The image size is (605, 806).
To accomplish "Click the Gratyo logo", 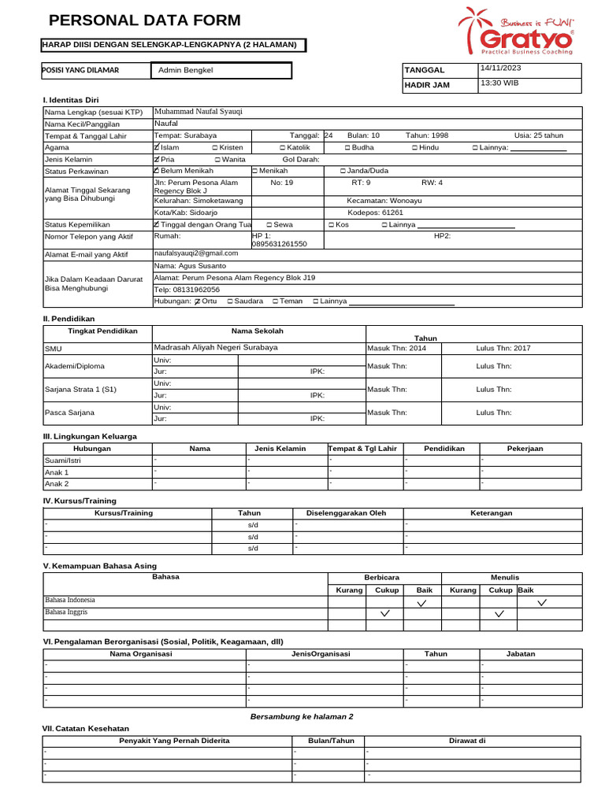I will tap(516, 31).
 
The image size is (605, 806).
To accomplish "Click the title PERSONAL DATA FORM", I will tap(145, 20).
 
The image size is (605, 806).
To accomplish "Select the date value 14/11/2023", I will tap(500, 68).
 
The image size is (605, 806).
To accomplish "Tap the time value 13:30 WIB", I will tap(499, 83).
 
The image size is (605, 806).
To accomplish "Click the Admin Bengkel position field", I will tap(186, 71).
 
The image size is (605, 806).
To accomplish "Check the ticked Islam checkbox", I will tap(157, 147).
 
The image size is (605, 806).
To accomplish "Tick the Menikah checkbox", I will tap(254, 171).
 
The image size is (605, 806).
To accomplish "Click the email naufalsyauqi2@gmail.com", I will tap(196, 253).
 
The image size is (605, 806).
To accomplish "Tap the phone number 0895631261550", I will tap(280, 245).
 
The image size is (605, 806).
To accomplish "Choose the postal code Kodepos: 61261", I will tap(375, 213).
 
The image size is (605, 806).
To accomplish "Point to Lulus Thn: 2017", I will tap(503, 348).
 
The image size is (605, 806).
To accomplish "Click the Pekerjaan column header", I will tap(525, 449).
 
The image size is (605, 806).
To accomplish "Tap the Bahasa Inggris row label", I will tap(66, 612).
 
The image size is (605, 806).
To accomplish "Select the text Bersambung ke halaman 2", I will tap(302, 717).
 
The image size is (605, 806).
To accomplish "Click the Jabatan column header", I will tap(520, 654).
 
